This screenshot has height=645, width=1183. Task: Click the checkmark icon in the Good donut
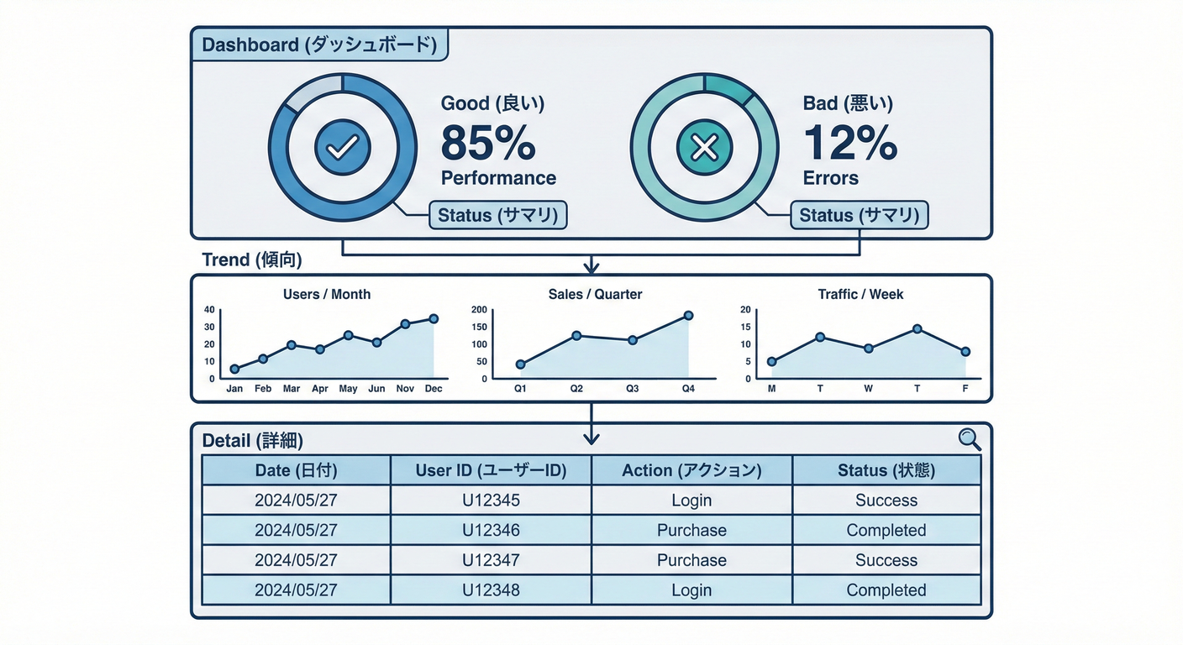[x=342, y=148]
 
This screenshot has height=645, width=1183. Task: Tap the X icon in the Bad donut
[x=703, y=149]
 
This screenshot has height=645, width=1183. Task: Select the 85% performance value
[x=488, y=144]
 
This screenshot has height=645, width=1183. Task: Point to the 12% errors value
[x=850, y=144]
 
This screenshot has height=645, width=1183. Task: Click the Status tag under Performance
[x=498, y=215]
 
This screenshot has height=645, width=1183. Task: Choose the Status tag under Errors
[x=859, y=215]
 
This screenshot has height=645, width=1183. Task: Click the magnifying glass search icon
[x=970, y=438]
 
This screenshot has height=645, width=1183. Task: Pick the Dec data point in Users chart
[x=434, y=318]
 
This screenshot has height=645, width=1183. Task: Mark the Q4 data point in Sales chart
[x=688, y=316]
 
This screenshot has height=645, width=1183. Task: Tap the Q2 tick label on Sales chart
[x=576, y=389]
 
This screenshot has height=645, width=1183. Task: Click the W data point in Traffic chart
[x=869, y=348]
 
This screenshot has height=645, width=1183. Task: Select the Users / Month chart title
[x=327, y=295]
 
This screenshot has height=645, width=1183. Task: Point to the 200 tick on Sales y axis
[x=479, y=310]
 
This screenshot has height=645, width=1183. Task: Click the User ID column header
[x=491, y=470]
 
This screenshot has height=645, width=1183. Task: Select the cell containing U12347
[x=491, y=560]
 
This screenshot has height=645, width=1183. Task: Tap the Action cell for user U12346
[x=691, y=530]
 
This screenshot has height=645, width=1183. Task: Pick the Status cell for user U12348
[x=886, y=590]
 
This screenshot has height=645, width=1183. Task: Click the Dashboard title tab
[x=319, y=45]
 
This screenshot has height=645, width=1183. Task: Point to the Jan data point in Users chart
[x=234, y=369]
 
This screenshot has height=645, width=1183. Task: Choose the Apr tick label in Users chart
[x=319, y=389]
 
